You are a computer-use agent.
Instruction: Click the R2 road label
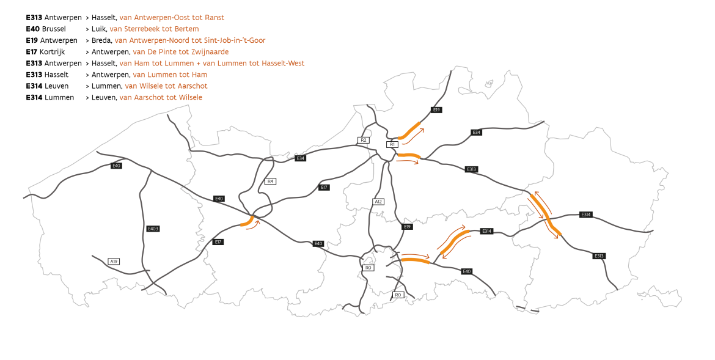tap(363, 140)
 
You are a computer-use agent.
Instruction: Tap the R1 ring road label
tap(392, 144)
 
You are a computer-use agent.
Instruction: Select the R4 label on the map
tap(271, 181)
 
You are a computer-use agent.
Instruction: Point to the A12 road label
tap(378, 202)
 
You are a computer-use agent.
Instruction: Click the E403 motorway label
tap(153, 229)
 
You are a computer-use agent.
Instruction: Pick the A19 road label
tap(113, 262)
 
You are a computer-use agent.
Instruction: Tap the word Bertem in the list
tap(186, 29)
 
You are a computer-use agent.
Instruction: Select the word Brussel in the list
tap(54, 29)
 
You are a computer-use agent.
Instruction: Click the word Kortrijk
tap(53, 52)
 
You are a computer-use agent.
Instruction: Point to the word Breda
tap(101, 40)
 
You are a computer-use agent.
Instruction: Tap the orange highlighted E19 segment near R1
tap(409, 130)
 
